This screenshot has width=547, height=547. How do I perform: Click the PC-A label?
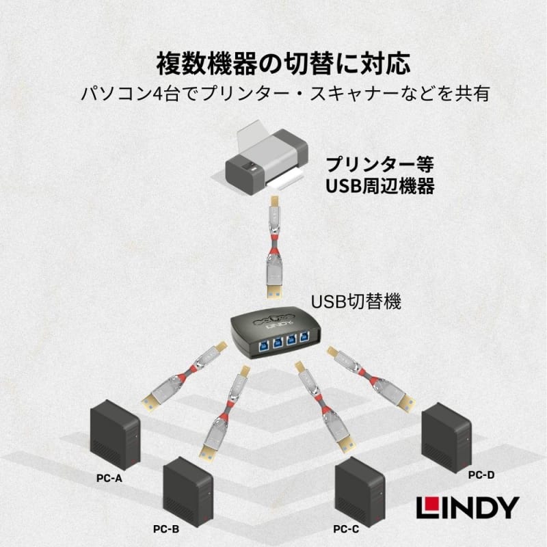click(x=109, y=479)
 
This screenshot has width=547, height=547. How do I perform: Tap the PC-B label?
click(x=166, y=529)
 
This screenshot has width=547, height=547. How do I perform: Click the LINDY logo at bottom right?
click(x=468, y=507)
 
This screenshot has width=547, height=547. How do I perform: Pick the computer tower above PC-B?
click(x=185, y=487)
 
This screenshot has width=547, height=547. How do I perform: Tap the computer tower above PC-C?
click(x=360, y=488)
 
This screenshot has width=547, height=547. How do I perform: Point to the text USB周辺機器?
click(x=379, y=186)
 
